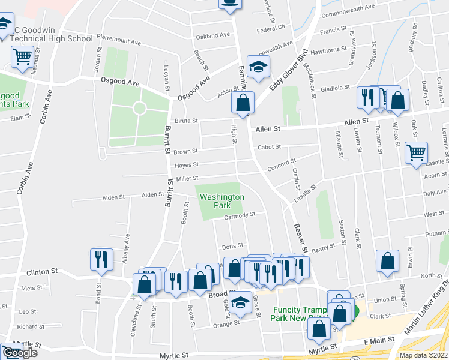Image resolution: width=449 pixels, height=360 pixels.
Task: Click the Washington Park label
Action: [222, 201]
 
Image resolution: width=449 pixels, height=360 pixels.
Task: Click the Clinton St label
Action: [42, 271]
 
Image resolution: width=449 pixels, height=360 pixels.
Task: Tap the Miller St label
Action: [187, 177]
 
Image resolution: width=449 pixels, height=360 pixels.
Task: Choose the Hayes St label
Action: [186, 165]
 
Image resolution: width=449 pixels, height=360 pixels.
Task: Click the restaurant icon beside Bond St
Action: [101, 259]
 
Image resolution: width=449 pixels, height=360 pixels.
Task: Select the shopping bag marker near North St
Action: [388, 260]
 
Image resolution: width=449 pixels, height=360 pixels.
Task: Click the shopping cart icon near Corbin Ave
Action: [22, 57]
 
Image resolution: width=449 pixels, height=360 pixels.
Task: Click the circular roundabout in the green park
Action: [139, 108]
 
